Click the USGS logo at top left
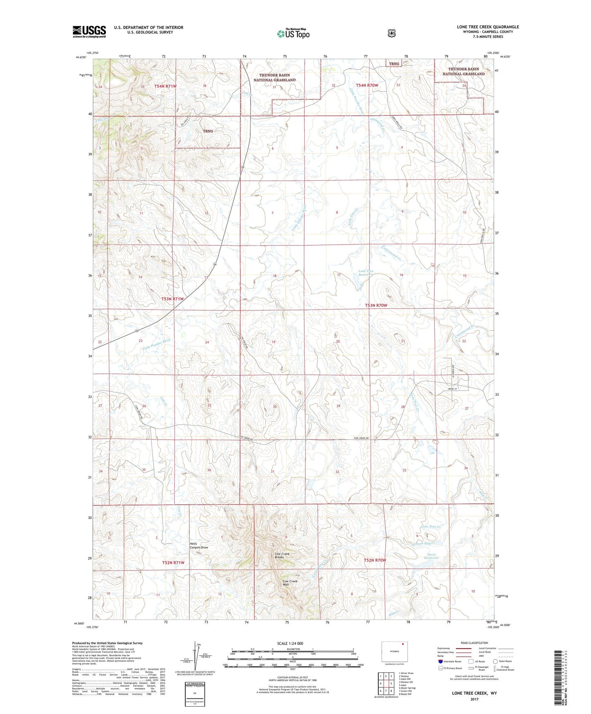(89, 31)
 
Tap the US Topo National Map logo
(292, 34)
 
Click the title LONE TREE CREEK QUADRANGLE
(488, 27)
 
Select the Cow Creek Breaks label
(282, 555)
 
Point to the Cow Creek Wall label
(290, 583)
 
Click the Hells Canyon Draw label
(199, 546)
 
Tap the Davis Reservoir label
(431, 556)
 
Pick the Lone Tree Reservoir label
(366, 273)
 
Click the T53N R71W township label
(172, 299)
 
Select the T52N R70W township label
(375, 560)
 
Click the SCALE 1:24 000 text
(290, 643)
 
